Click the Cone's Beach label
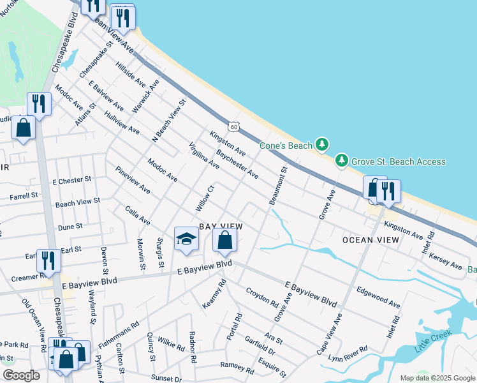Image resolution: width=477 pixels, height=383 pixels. [286, 146]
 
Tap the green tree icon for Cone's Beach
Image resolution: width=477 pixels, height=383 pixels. [323, 145]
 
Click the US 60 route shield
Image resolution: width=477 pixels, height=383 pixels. [234, 127]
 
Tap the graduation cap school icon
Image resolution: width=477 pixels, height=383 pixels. [186, 239]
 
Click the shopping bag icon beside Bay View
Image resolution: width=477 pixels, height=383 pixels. [224, 240]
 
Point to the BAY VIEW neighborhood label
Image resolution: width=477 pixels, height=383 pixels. [221, 227]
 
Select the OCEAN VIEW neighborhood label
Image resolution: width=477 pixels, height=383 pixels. [371, 240]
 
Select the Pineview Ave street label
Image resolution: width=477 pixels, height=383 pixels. [133, 181]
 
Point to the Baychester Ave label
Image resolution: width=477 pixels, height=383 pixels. [237, 164]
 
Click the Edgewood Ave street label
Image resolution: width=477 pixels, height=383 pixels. [378, 297]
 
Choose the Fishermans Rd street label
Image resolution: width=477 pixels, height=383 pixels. [119, 336]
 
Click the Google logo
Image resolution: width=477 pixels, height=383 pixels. [21, 375]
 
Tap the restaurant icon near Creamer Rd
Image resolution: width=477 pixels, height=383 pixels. [48, 260]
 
